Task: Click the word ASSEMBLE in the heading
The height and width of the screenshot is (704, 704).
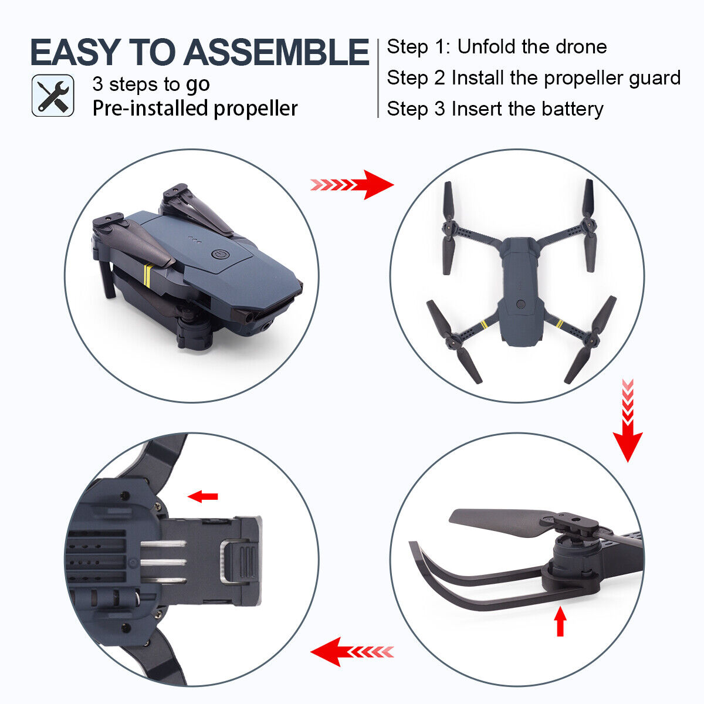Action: [x=276, y=52]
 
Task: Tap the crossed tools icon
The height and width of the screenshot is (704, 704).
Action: [x=53, y=96]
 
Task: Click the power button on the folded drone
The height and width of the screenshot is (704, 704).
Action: [x=219, y=256]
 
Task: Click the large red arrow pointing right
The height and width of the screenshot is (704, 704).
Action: [x=375, y=185]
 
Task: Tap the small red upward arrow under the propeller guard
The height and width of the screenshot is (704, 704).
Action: [x=560, y=622]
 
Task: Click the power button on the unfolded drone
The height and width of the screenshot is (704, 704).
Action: [x=520, y=304]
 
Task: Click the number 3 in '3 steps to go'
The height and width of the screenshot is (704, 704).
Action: [x=97, y=84]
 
